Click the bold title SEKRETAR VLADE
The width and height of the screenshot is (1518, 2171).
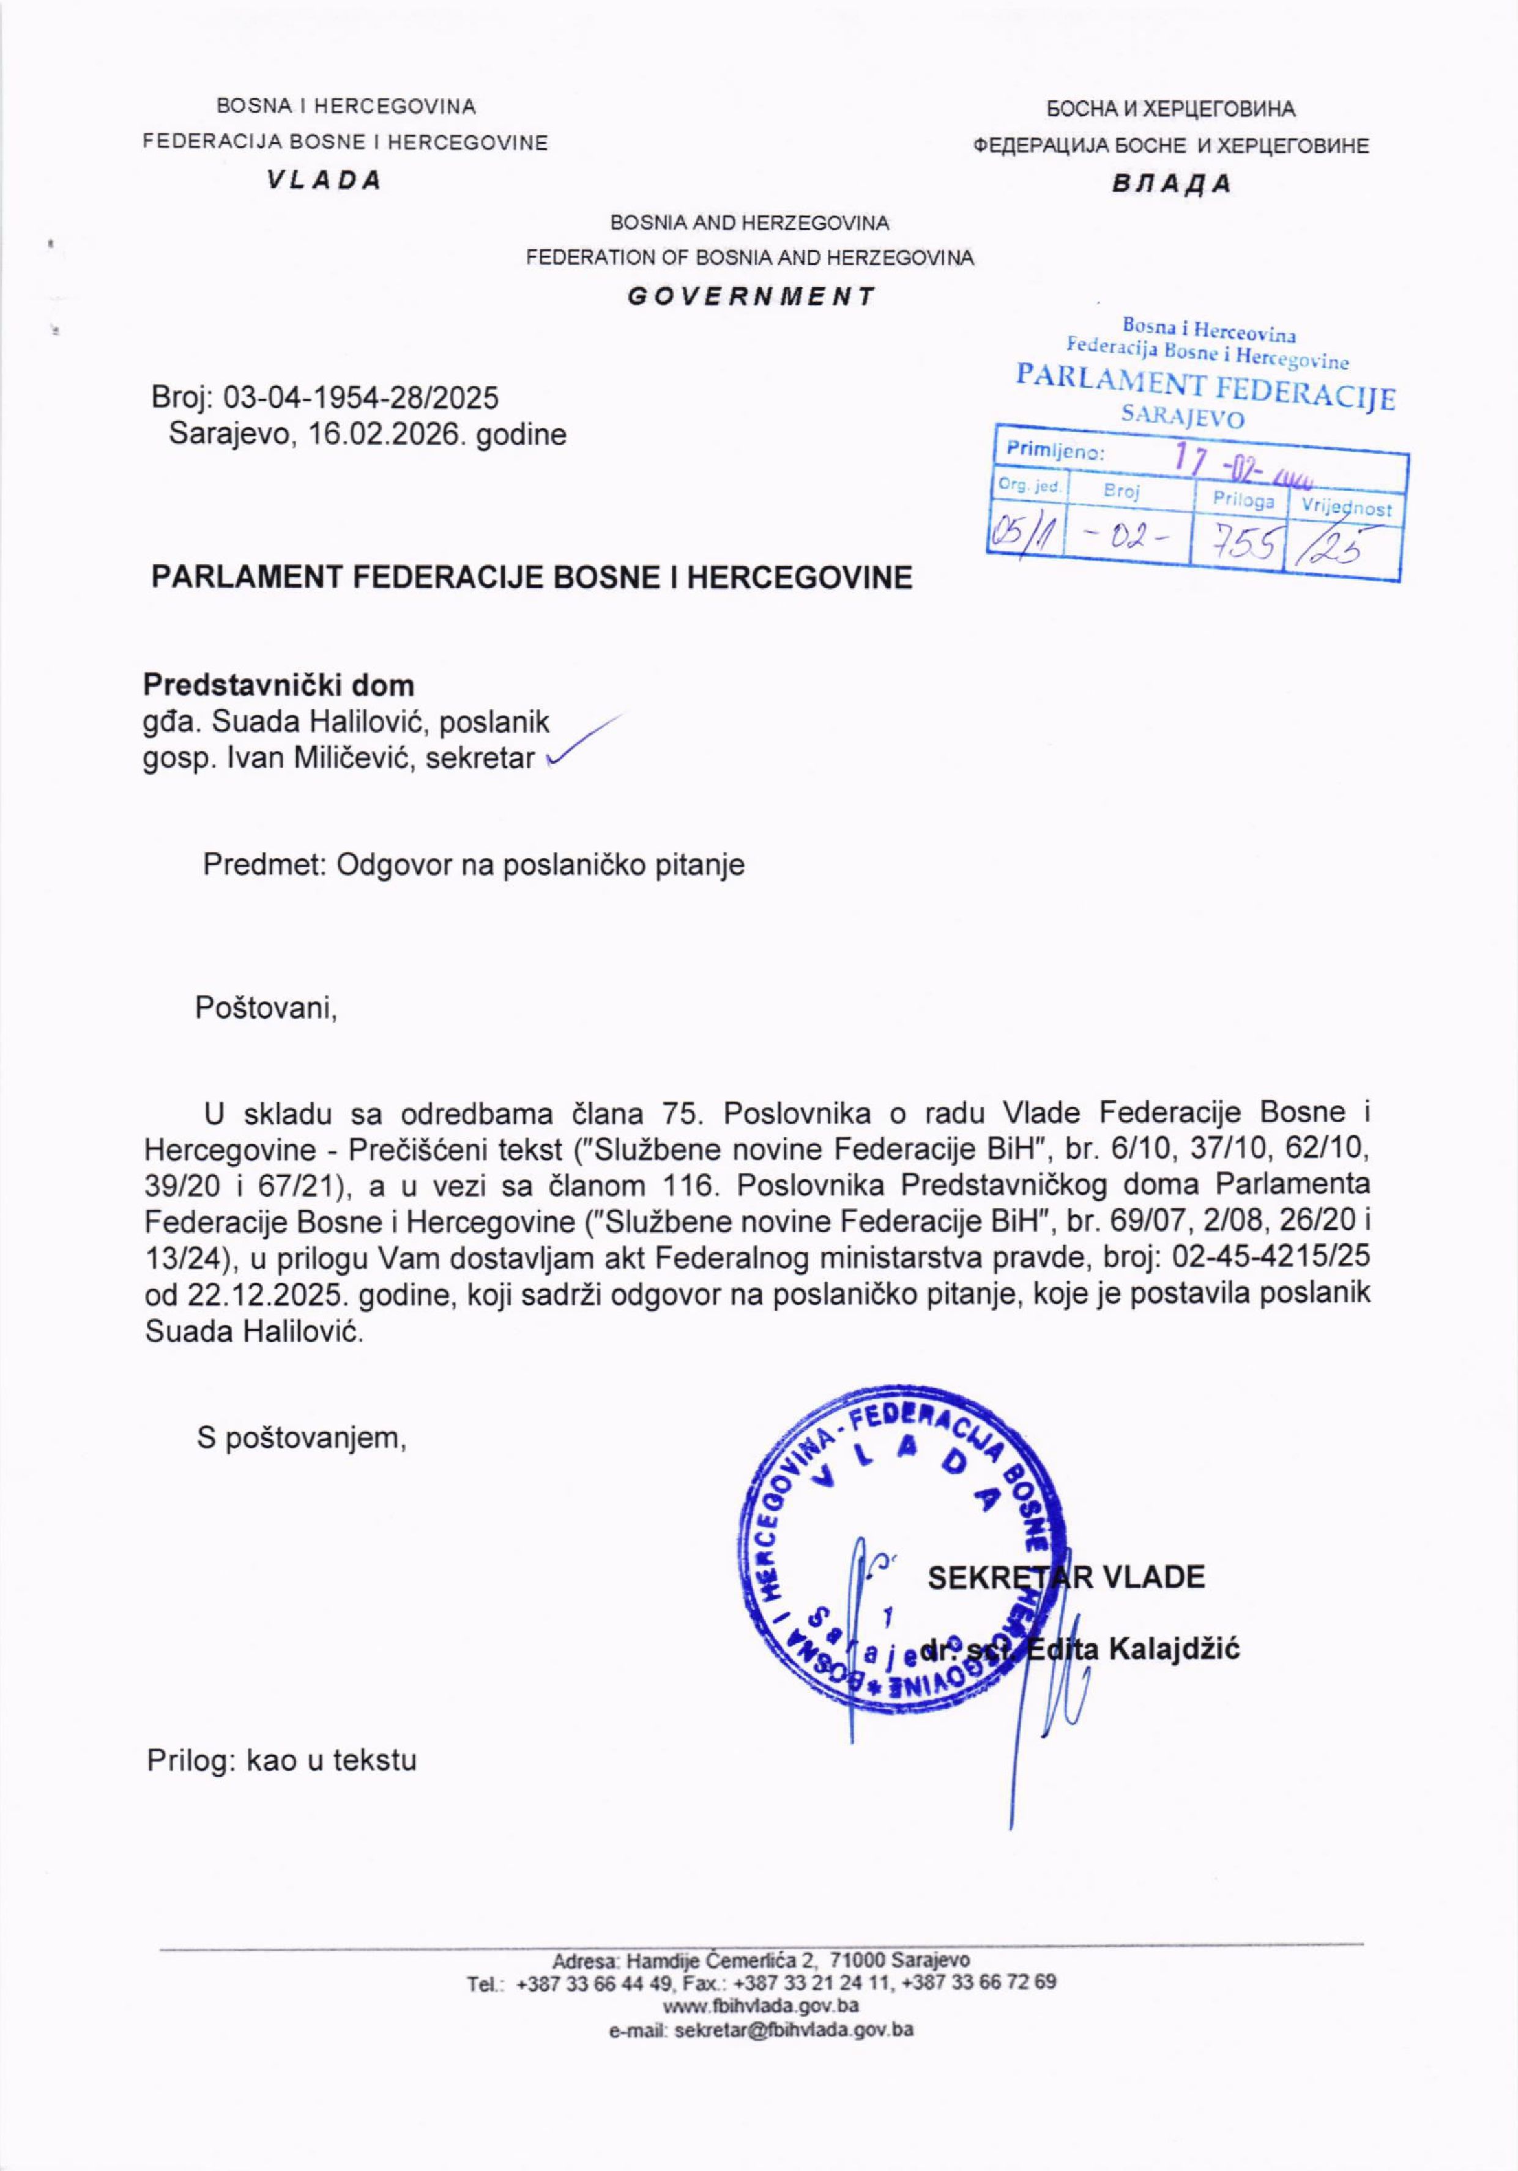pyautogui.click(x=1066, y=1577)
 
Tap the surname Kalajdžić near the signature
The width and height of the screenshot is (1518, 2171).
pyautogui.click(x=1174, y=1650)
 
